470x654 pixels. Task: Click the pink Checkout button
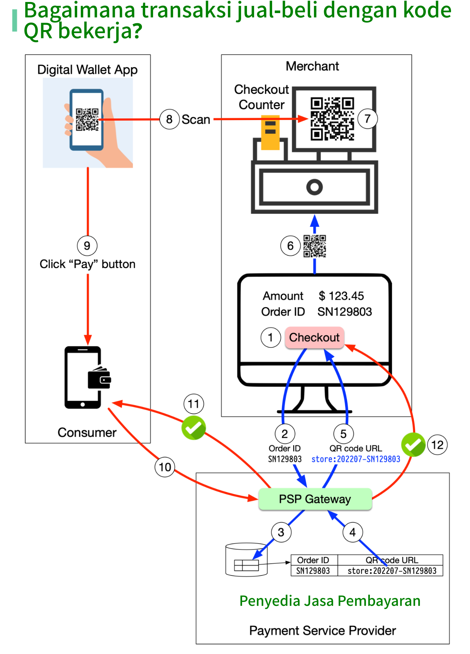pos(314,337)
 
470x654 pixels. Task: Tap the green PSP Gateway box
pos(315,499)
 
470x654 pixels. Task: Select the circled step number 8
pos(169,119)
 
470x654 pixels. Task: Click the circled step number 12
pos(437,445)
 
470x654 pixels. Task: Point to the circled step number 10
pos(165,467)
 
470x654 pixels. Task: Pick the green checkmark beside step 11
pos(194,428)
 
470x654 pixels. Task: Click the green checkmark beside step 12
pos(413,445)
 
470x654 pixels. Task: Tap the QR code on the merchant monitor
pos(332,119)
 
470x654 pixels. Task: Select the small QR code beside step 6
pos(315,246)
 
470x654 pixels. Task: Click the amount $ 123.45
pos(341,296)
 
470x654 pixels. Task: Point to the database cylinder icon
pos(246,559)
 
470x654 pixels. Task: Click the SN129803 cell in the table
pos(313,571)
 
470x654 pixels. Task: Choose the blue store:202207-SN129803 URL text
pos(356,459)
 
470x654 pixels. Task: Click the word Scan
pos(196,120)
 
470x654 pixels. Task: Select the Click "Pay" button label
pos(88,264)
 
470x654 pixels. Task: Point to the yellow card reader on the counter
pos(270,133)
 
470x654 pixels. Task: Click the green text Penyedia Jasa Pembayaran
pos(330,601)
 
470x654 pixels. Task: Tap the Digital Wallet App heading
pos(87,70)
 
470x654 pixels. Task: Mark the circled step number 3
pos(281,532)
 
